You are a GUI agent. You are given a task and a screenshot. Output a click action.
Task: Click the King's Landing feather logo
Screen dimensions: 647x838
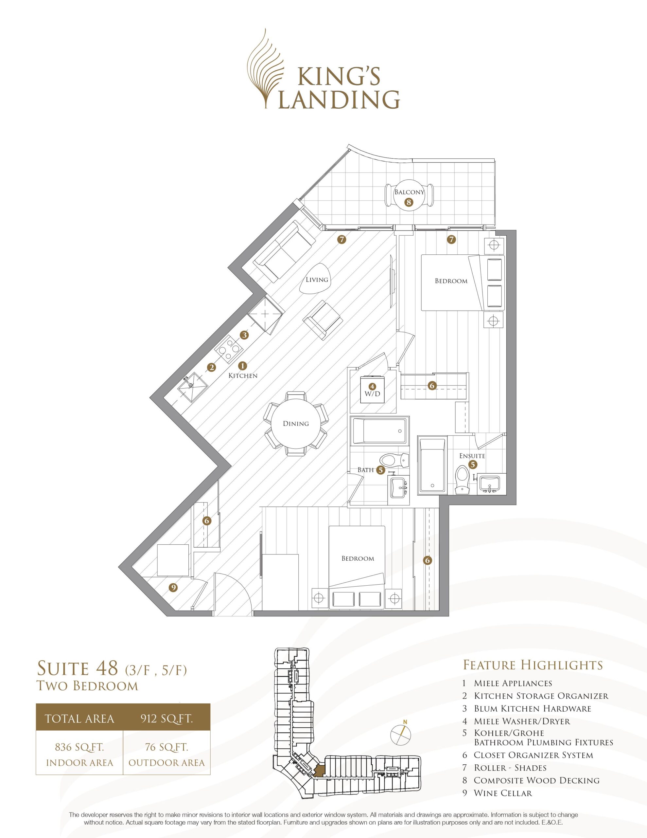268,69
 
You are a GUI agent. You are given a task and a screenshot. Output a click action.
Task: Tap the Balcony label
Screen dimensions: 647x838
409,192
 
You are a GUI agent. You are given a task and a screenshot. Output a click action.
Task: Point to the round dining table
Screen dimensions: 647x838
296,423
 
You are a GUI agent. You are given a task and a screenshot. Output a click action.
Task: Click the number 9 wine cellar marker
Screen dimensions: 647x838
173,588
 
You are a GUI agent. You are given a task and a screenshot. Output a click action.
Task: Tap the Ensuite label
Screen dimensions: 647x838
472,456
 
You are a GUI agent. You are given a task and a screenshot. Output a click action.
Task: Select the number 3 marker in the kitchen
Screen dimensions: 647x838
244,335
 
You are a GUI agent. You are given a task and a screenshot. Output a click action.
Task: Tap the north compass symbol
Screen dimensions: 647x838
401,735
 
